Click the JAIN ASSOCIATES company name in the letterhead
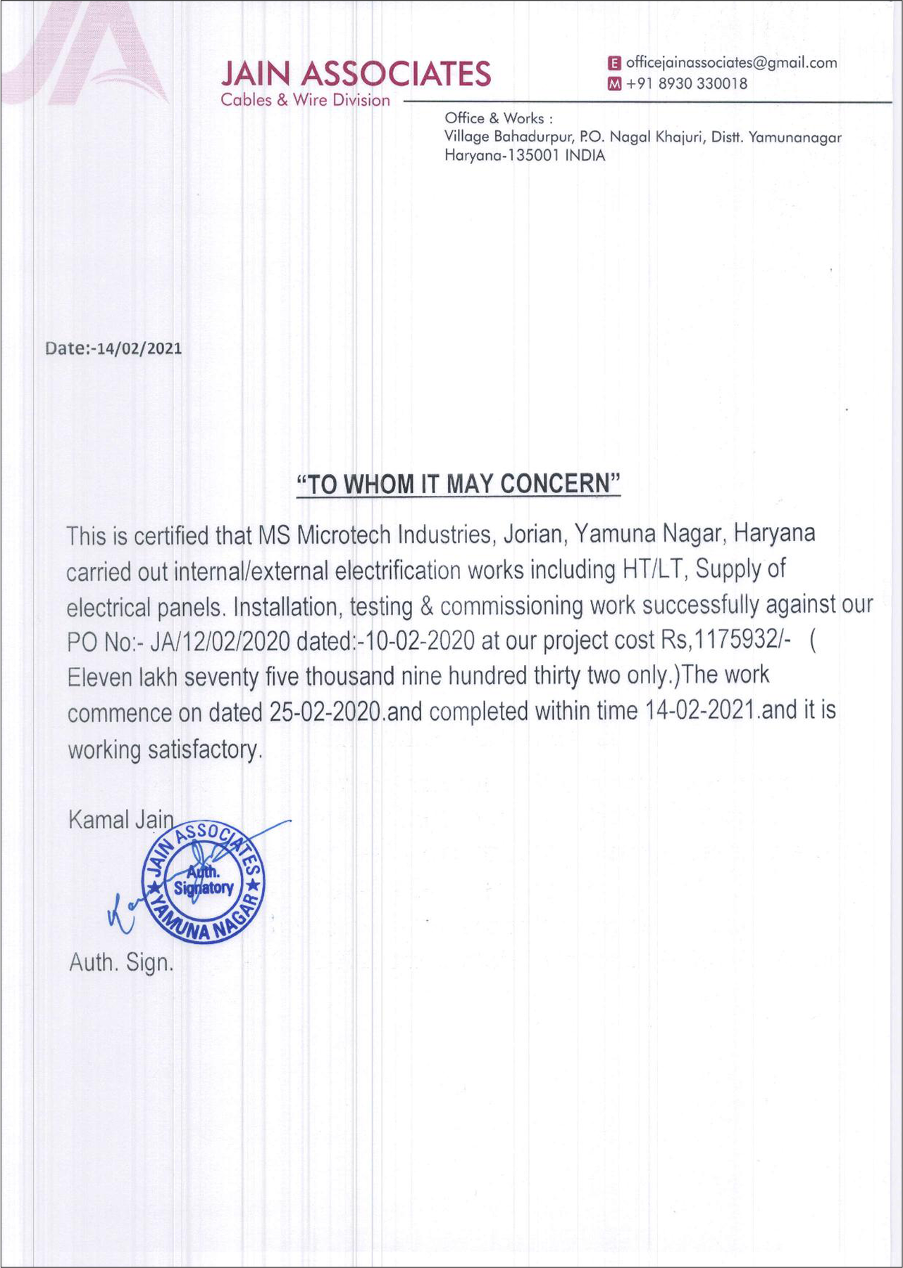pyautogui.click(x=356, y=74)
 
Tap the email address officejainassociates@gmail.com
pyautogui.click(x=731, y=63)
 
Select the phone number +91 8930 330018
pyautogui.click(x=687, y=84)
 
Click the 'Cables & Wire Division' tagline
pyautogui.click(x=305, y=100)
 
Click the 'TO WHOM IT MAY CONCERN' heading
pyautogui.click(x=458, y=484)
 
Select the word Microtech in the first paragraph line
pyautogui.click(x=344, y=535)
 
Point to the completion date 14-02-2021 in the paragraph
pyautogui.click(x=702, y=711)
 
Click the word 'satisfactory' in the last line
pyautogui.click(x=204, y=750)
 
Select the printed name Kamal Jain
pyautogui.click(x=120, y=819)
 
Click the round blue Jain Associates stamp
pyautogui.click(x=204, y=883)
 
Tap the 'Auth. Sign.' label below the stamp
pyautogui.click(x=120, y=962)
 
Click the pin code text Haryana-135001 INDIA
pyautogui.click(x=525, y=156)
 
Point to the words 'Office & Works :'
pyautogui.click(x=498, y=118)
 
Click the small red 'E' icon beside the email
pyautogui.click(x=614, y=63)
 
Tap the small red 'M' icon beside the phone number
pyautogui.click(x=614, y=85)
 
